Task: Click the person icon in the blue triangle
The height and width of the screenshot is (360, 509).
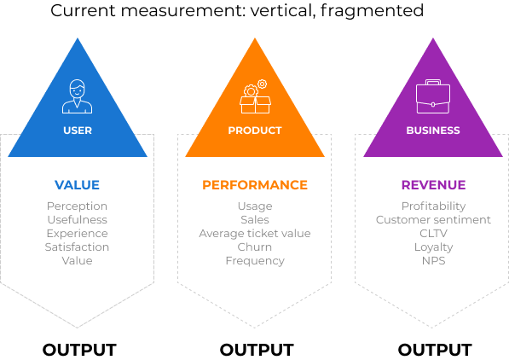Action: [x=78, y=96]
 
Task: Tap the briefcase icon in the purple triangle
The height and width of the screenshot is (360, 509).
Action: [x=433, y=96]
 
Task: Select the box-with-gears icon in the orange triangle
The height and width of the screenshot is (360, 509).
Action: [x=255, y=96]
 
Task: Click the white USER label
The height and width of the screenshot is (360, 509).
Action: [x=78, y=131]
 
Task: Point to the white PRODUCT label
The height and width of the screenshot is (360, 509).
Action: [x=255, y=131]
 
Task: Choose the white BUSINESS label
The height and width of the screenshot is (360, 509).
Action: [x=433, y=131]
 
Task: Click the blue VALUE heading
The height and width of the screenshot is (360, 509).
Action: [x=77, y=185]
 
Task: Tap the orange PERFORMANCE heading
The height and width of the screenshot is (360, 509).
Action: [x=255, y=185]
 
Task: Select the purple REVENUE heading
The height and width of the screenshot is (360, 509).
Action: [x=433, y=185]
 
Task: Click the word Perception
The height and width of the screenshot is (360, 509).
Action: [x=77, y=206]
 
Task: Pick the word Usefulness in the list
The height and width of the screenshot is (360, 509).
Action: [x=78, y=219]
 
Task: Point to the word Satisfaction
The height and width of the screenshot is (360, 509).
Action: [x=77, y=247]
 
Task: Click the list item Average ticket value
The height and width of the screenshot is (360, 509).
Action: [x=255, y=233]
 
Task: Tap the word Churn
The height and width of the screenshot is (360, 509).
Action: [x=254, y=247]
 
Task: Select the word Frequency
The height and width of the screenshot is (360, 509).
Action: [x=255, y=260]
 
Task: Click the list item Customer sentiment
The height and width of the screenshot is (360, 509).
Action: [x=433, y=219]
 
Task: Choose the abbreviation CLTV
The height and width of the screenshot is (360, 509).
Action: [x=433, y=233]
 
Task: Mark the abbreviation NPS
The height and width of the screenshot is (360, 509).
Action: [x=433, y=260]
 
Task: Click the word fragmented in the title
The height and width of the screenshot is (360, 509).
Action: [x=372, y=10]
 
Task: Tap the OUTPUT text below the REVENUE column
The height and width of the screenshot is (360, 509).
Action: [x=435, y=350]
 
